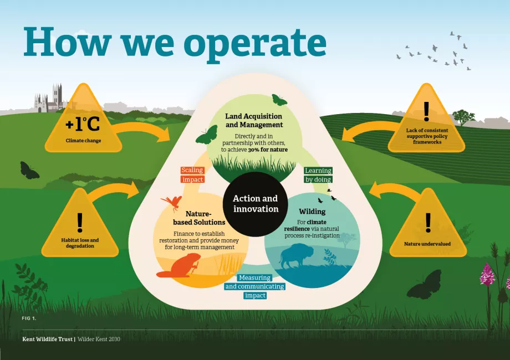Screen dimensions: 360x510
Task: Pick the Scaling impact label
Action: (x=192, y=174)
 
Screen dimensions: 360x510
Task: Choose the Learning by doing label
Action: (x=318, y=175)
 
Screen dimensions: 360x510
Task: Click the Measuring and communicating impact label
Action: (x=255, y=286)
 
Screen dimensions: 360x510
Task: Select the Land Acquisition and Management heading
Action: (x=253, y=120)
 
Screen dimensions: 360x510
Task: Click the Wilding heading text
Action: (x=312, y=212)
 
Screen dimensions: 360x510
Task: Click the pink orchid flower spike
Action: (x=487, y=274)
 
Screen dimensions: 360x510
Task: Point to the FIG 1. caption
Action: (x=29, y=318)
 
